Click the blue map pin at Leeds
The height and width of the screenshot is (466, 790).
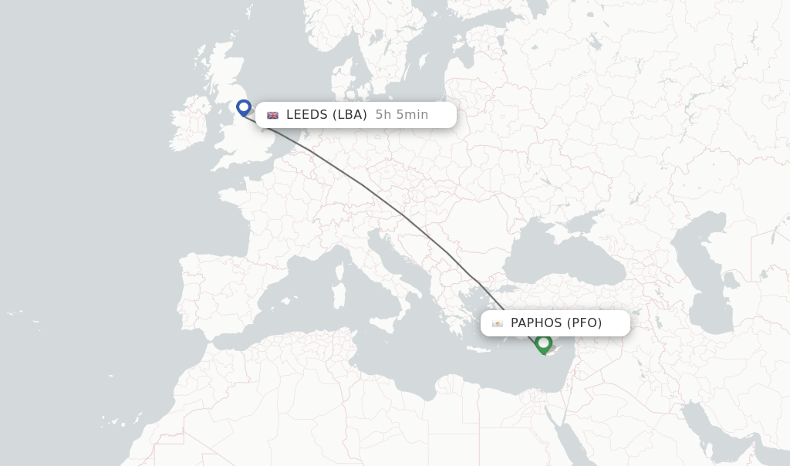244,108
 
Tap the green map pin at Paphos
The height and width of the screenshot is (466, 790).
544,343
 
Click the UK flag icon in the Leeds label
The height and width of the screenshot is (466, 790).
273,115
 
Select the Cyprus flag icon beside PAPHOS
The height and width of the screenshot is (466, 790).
498,323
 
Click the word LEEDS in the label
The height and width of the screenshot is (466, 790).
307,115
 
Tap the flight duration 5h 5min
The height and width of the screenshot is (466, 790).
402,115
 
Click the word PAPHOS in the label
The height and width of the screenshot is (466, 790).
536,323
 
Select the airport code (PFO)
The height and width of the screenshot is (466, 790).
585,323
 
